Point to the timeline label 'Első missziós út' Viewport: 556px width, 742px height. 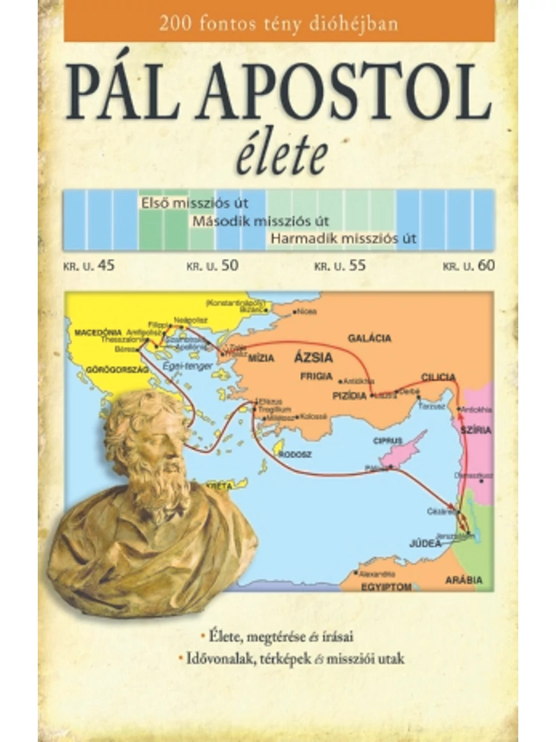click(193, 204)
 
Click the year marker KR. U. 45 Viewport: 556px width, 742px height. click(87, 265)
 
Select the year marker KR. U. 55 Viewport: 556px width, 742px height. click(341, 265)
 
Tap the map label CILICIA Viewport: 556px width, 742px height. click(439, 377)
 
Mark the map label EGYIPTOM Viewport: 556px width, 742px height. click(385, 587)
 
